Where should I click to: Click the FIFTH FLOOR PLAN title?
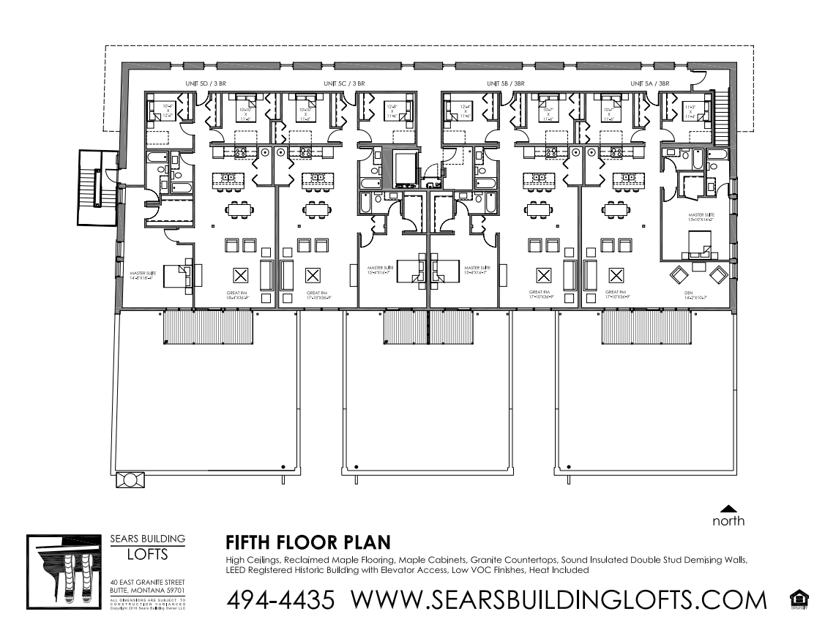tap(307, 543)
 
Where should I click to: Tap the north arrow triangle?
tap(728, 508)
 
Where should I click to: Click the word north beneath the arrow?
tap(728, 521)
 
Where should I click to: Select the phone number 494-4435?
tap(281, 600)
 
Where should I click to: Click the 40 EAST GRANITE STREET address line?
tap(147, 581)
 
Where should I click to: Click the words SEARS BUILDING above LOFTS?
tap(148, 539)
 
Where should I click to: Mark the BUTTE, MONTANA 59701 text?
tap(147, 589)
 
